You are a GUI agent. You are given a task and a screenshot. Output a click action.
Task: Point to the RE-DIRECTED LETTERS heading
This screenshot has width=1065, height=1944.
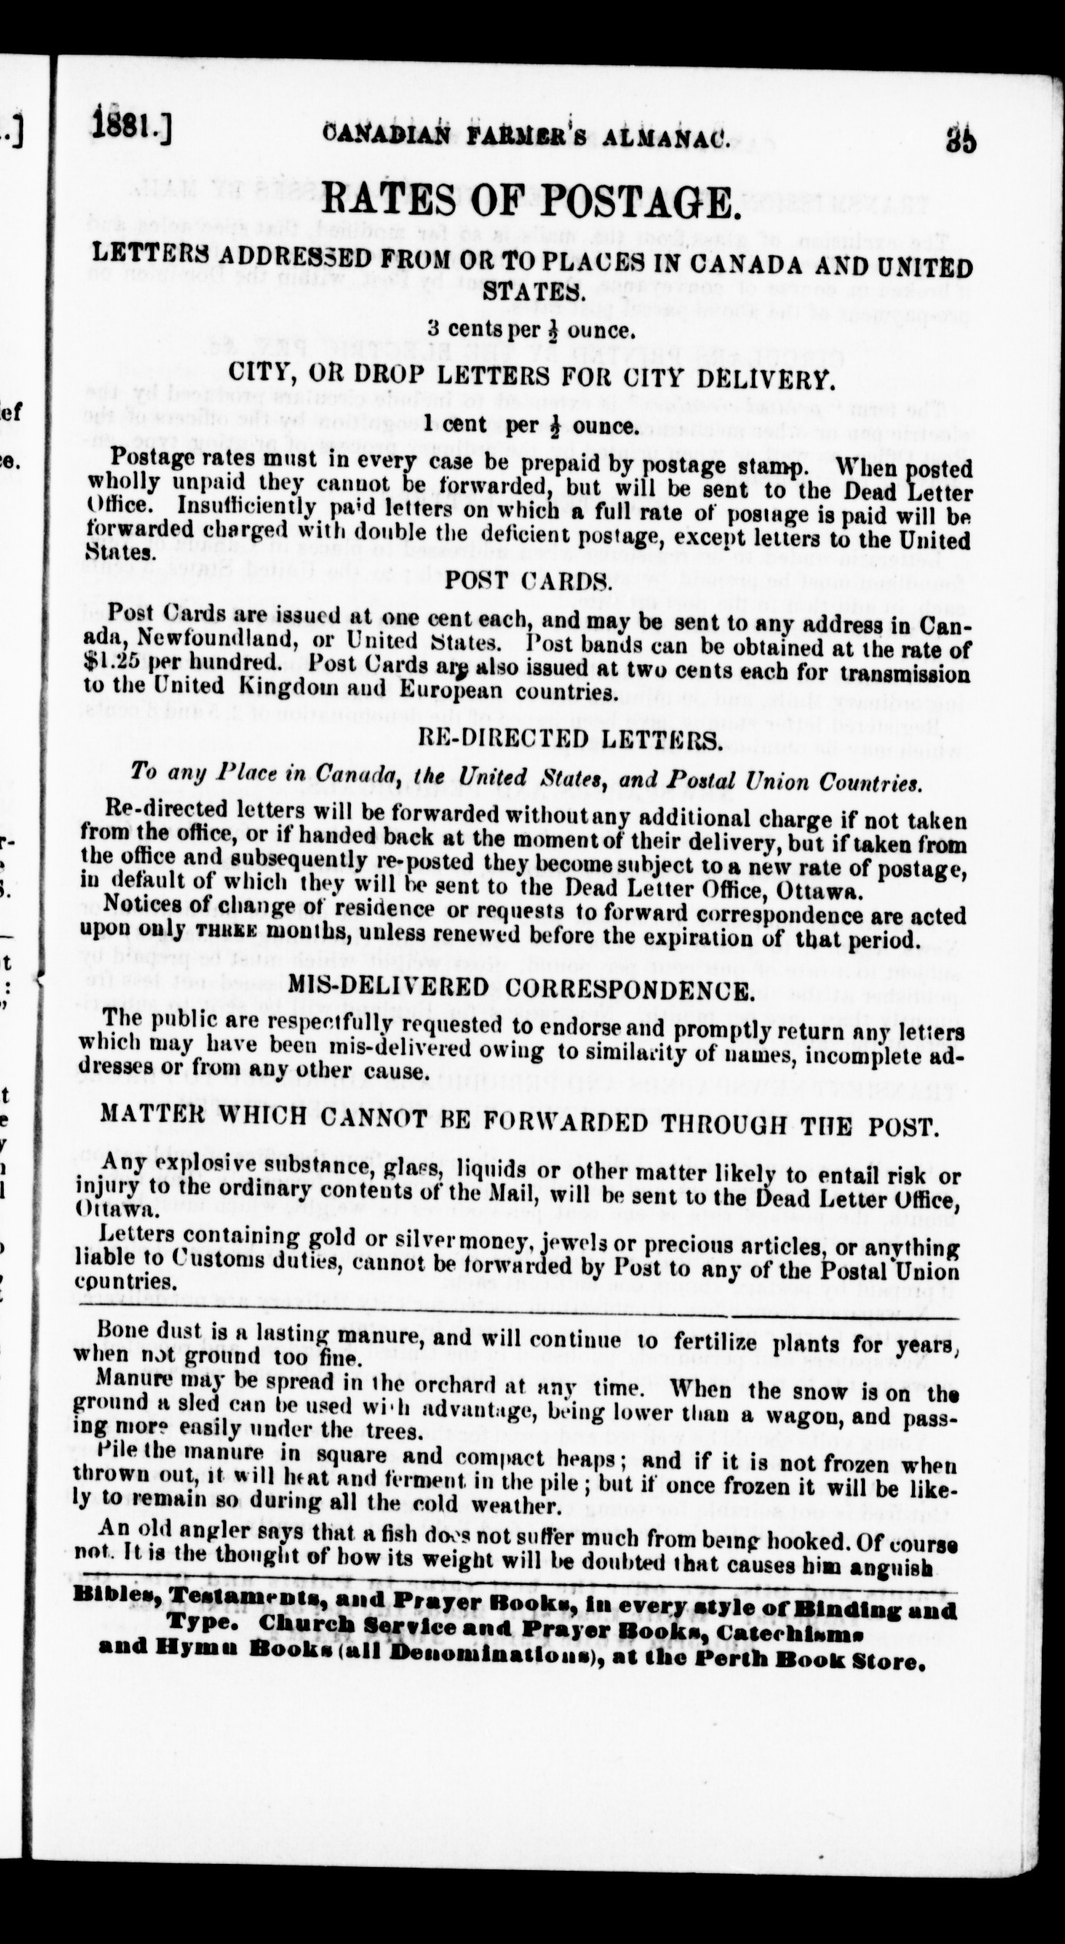click(569, 741)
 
